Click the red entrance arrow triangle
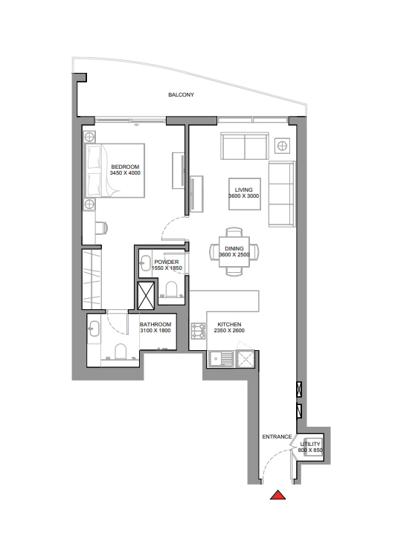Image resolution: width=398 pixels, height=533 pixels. pos(277,495)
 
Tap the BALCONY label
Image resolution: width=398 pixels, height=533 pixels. pos(181,95)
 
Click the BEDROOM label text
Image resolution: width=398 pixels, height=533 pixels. pos(125,167)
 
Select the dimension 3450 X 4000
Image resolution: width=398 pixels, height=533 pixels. pos(125,173)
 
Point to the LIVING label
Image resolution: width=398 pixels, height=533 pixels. pos(243,190)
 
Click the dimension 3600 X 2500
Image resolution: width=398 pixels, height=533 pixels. pos(234,254)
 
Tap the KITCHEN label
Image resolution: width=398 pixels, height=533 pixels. pos(229,324)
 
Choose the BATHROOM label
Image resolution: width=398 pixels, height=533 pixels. pos(155,324)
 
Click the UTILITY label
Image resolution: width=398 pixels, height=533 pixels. pos(310,444)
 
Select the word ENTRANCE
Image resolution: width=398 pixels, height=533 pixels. pos(277,437)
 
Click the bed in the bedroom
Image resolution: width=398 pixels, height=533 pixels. pos(115,170)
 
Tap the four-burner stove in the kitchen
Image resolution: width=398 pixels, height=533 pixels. pos(199,331)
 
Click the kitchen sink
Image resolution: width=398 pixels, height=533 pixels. pos(221,359)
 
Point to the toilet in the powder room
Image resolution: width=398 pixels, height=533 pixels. pos(172,289)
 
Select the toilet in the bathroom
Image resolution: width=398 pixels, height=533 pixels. pos(121,352)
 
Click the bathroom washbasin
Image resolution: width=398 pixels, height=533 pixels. pos(94,329)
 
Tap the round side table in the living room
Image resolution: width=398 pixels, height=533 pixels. pos(282,146)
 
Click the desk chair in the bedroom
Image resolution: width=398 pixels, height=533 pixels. pos(101,227)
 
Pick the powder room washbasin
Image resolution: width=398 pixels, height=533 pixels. pos(146,263)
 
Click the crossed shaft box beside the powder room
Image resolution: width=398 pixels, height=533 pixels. pos(146,296)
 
